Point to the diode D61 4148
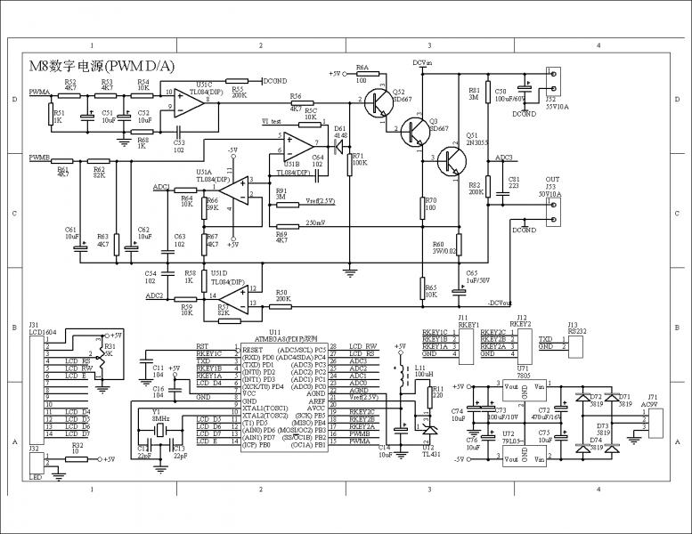pos(338,144)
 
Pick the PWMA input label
pos(38,92)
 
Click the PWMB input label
pos(38,158)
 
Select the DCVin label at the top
pos(422,63)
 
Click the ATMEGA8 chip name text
pos(277,339)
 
